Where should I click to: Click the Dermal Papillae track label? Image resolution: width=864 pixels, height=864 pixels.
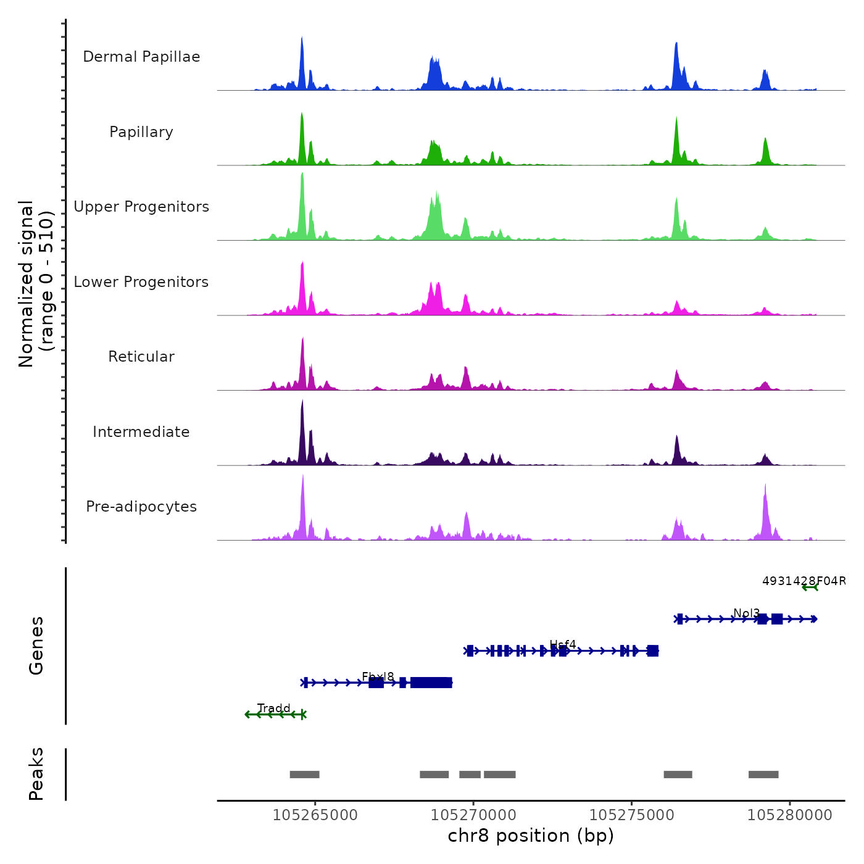(141, 57)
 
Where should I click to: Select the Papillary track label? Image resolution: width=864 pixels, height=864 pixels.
(141, 132)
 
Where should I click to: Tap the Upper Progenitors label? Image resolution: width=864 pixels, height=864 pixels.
(141, 207)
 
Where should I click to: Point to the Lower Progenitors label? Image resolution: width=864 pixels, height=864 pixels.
(141, 282)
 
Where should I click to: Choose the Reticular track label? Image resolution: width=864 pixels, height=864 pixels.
(141, 357)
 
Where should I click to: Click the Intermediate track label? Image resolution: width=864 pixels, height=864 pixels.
(141, 432)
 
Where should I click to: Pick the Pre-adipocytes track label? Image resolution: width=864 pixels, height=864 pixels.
(141, 507)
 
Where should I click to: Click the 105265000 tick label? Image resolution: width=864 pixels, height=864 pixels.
(315, 815)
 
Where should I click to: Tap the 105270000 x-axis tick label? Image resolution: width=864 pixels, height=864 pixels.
(473, 815)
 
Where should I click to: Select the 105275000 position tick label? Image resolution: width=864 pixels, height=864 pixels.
(631, 815)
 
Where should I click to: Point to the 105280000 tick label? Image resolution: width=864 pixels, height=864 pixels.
(790, 815)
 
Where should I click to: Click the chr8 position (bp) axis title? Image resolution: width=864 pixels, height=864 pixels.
(531, 836)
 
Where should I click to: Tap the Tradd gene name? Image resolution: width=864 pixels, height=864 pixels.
(274, 708)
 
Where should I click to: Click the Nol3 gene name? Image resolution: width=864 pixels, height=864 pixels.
(746, 613)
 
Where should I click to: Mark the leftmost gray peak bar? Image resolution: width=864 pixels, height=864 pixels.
(304, 775)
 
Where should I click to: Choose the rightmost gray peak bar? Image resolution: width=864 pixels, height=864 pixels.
(763, 775)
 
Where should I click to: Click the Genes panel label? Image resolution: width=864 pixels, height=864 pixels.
(36, 646)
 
